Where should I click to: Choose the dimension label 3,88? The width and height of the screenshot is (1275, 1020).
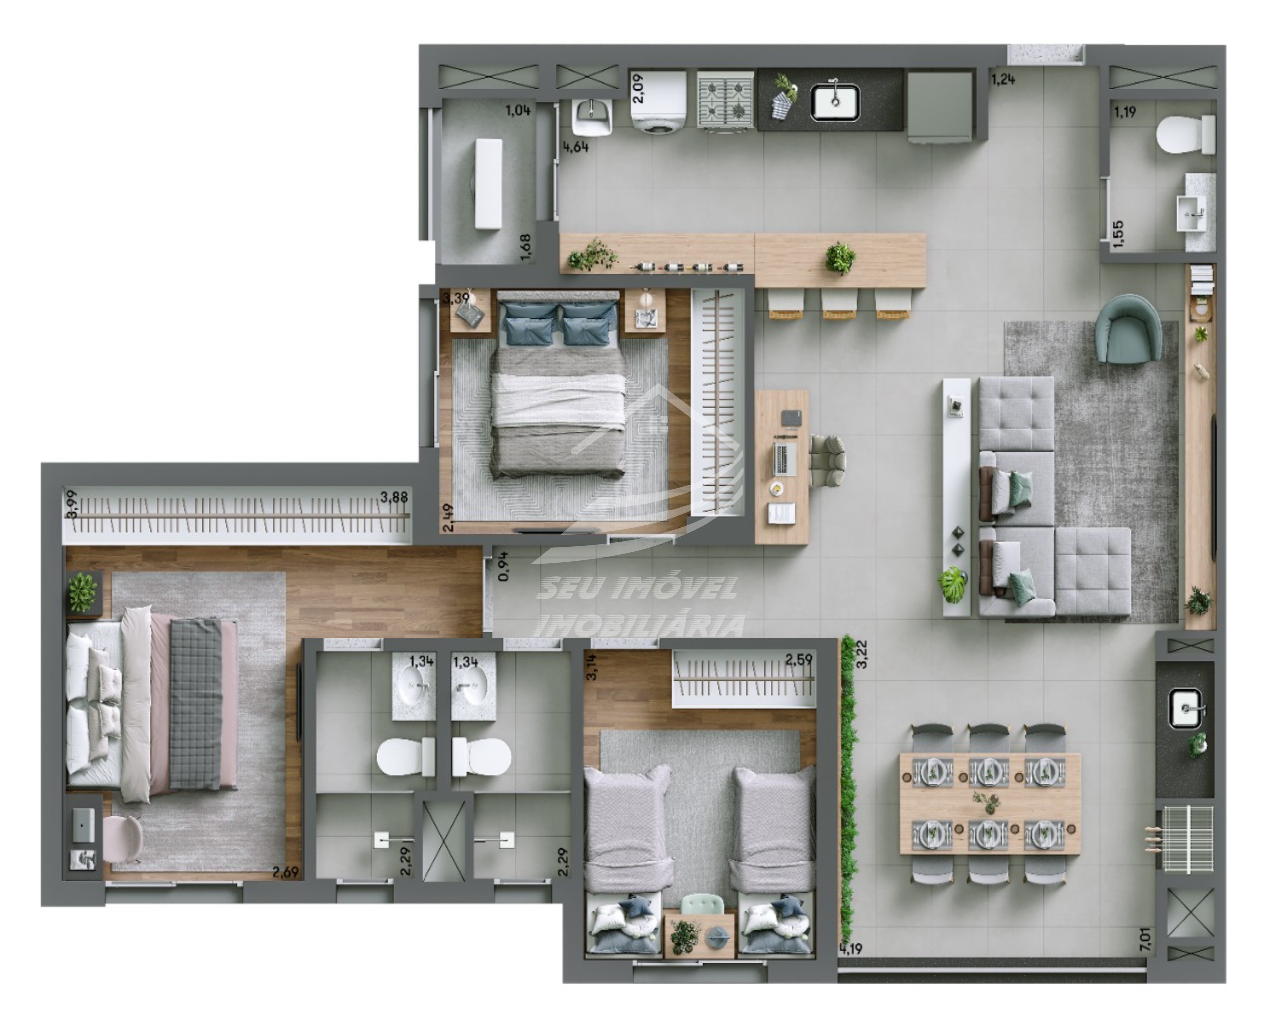click(x=393, y=497)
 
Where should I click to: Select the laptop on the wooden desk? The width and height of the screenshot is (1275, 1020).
click(x=784, y=458)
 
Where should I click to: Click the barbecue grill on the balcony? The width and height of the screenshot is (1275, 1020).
click(x=1187, y=839)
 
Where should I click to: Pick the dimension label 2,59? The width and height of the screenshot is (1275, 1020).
click(x=798, y=659)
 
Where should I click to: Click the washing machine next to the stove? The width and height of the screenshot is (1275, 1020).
click(x=658, y=101)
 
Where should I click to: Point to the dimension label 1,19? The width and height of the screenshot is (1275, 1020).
click(x=1125, y=112)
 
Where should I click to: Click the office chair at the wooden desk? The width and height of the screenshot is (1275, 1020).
click(x=828, y=460)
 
